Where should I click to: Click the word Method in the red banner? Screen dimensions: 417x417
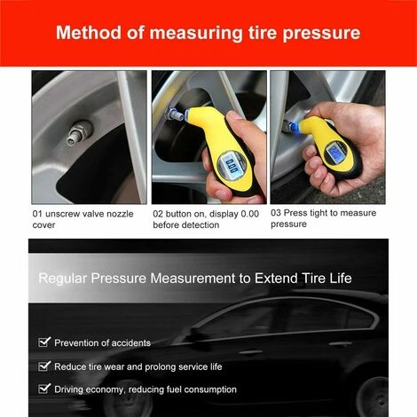tap(89, 33)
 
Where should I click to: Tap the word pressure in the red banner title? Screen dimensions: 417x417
tap(321, 35)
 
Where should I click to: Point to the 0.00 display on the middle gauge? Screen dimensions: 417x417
tap(232, 165)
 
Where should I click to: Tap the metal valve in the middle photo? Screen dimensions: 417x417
tap(174, 115)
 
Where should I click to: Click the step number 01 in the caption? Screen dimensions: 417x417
tap(37, 214)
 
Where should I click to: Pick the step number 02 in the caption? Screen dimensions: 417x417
tap(158, 214)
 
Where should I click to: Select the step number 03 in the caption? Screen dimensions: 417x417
tap(276, 213)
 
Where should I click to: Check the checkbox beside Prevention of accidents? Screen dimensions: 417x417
tap(44, 342)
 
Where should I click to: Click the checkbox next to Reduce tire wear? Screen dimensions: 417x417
tap(44, 366)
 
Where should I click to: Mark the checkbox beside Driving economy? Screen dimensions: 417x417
tap(44, 389)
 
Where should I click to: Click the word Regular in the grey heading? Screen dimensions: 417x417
tap(63, 279)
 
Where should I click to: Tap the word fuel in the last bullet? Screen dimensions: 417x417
tap(174, 389)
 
